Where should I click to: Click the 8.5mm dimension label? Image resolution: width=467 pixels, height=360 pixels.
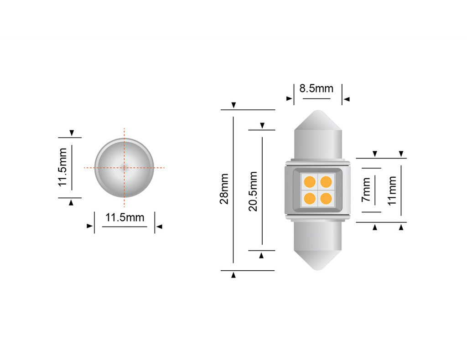pyautogui.click(x=316, y=88)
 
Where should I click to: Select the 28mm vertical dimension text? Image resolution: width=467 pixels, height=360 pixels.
pyautogui.click(x=224, y=188)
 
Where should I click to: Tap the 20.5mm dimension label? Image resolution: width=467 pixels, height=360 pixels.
pyautogui.click(x=253, y=191)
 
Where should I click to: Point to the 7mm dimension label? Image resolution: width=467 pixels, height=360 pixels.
pyautogui.click(x=366, y=190)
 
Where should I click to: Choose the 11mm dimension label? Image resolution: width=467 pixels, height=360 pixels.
pyautogui.click(x=392, y=190)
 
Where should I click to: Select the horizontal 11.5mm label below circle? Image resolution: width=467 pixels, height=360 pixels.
pyautogui.click(x=125, y=217)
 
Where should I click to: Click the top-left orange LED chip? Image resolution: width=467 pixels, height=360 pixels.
pyautogui.click(x=310, y=182)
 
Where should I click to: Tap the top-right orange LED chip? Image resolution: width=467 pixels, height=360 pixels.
pyautogui.click(x=326, y=182)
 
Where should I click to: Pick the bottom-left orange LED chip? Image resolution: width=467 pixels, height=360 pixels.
pyautogui.click(x=310, y=198)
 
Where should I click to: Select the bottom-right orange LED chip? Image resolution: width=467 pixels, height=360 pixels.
pyautogui.click(x=326, y=198)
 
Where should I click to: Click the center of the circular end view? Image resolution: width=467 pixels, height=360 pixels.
pyautogui.click(x=125, y=167)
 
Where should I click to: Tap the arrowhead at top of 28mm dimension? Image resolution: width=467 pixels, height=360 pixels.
pyautogui.click(x=233, y=105)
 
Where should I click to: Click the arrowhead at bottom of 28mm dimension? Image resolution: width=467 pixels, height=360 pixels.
pyautogui.click(x=233, y=275)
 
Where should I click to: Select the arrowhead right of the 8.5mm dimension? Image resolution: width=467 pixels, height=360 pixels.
pyautogui.click(x=346, y=98)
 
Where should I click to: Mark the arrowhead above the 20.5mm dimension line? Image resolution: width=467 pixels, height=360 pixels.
pyautogui.click(x=262, y=125)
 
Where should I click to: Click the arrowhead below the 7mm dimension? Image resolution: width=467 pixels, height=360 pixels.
pyautogui.click(x=375, y=227)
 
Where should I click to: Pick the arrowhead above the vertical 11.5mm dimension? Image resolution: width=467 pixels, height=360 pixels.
pyautogui.click(x=71, y=133)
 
